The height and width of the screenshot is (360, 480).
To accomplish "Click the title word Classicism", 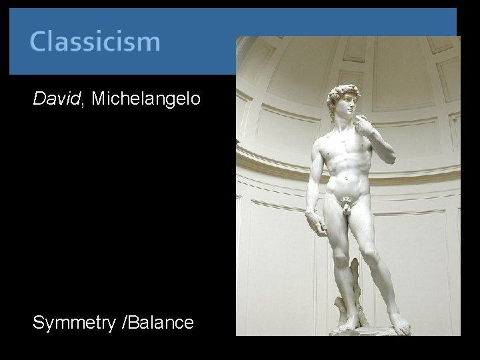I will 95,41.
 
